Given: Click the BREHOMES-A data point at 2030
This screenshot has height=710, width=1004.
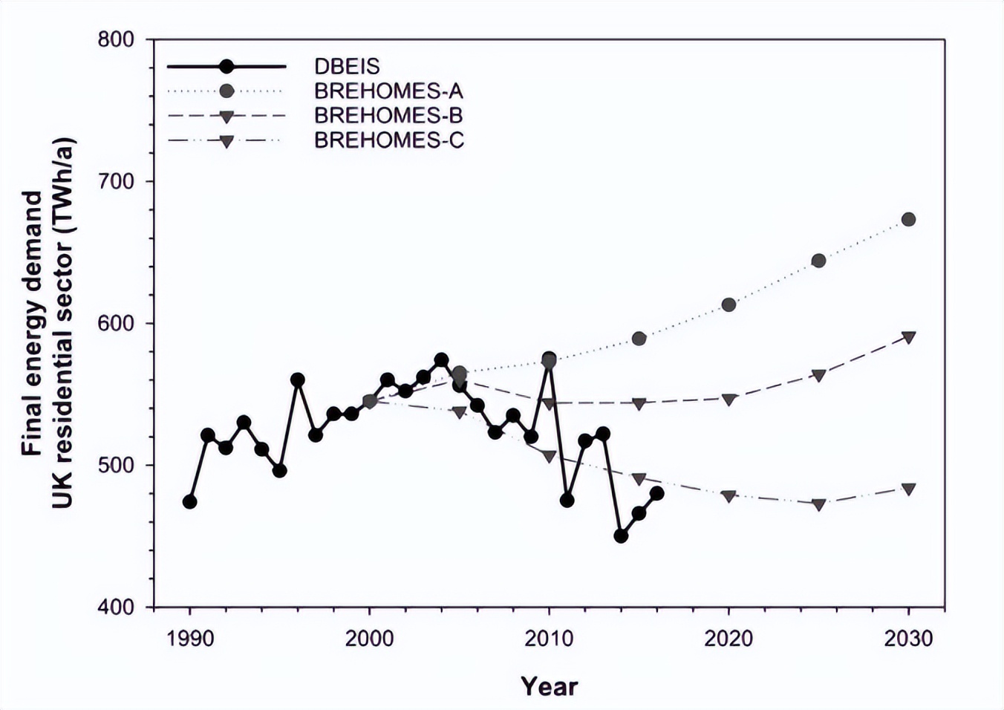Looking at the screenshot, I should coord(908,219).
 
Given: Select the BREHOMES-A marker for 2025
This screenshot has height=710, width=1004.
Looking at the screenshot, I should coord(818,261).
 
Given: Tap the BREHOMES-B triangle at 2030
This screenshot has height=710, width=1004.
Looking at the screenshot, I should coord(908,337).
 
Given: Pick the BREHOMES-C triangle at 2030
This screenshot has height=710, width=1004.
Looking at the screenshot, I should coord(908,489).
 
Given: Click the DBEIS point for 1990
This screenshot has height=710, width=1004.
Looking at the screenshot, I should coord(189,502).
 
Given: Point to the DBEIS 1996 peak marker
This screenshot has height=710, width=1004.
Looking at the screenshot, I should coord(298,380).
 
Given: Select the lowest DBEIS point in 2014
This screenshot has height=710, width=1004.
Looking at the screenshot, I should coord(621,535).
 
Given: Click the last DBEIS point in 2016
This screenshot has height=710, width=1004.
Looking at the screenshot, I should coord(656,493).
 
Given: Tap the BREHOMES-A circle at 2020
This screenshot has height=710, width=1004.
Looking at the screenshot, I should coord(728,304).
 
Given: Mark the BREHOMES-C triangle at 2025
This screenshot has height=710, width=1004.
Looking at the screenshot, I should coord(818,504).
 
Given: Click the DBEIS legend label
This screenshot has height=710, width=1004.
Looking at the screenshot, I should coord(347,66).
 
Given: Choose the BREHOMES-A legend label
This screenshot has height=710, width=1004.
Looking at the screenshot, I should coord(388,91).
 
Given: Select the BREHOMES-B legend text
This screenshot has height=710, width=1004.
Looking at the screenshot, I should coord(388,115).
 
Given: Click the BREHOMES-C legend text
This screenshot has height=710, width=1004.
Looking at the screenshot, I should coord(389,140).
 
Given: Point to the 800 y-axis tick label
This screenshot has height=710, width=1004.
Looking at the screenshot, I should coord(116,39).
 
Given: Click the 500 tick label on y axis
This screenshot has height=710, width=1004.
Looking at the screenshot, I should coord(116,465).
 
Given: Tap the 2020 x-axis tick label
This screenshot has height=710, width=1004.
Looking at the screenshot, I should coord(728,638).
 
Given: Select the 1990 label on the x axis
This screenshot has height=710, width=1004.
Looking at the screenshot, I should coord(190,638).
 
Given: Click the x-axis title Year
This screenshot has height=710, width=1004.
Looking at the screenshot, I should coord(549,686).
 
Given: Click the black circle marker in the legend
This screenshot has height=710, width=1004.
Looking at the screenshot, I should coord(226,66).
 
